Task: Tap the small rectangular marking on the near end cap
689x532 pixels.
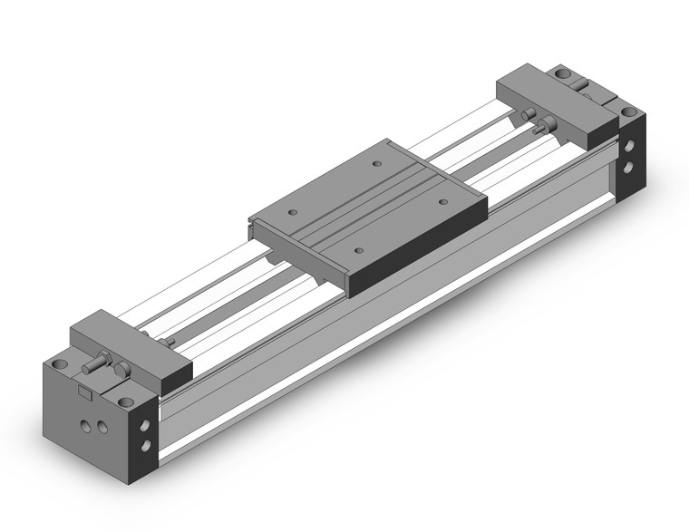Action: tap(83, 392)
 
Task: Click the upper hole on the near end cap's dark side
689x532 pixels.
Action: tap(145, 422)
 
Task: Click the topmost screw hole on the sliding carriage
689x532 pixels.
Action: tap(377, 164)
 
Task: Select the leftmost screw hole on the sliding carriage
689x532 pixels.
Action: tap(293, 211)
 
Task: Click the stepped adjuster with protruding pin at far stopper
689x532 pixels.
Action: tap(546, 125)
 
